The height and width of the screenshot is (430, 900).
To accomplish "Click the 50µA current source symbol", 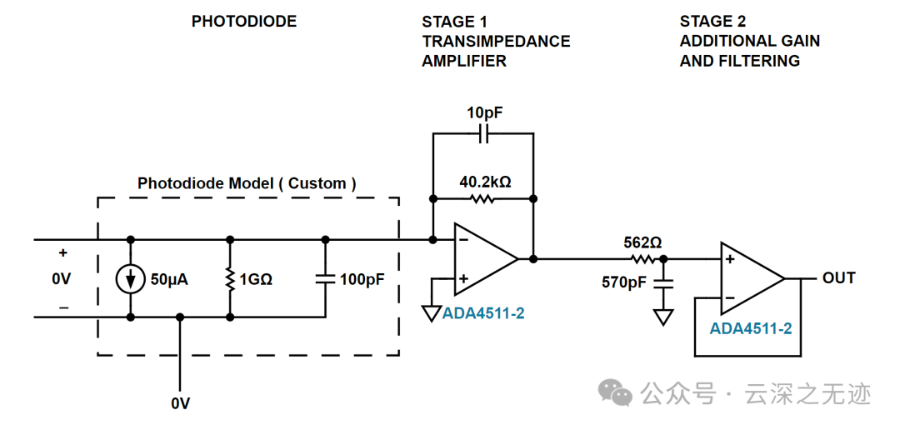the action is (131, 279).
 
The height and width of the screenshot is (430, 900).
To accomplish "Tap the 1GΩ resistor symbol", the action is (230, 279).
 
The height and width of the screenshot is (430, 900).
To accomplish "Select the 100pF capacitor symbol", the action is (325, 278).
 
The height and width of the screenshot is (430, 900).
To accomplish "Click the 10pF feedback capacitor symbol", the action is (483, 134).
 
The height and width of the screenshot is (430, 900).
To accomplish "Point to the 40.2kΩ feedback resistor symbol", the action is (483, 198).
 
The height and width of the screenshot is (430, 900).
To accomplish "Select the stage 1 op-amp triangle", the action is (486, 259).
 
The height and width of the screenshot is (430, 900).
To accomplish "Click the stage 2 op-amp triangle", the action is (753, 278).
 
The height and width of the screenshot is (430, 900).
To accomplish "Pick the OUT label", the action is (838, 277).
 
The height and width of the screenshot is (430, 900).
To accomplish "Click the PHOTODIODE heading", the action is (244, 22).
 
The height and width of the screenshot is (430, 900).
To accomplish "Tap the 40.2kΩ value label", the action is (485, 182).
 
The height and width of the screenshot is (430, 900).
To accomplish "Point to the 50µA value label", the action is (169, 280).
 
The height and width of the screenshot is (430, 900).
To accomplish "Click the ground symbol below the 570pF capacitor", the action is (663, 317).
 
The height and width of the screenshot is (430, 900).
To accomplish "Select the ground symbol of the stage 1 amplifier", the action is (432, 313).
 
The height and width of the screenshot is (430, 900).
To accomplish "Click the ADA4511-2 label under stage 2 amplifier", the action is (751, 328).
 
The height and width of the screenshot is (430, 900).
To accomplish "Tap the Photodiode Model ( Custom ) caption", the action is (247, 183).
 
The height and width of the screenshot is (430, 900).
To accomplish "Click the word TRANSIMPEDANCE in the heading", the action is (496, 42).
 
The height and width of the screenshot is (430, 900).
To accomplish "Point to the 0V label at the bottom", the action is (180, 403).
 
